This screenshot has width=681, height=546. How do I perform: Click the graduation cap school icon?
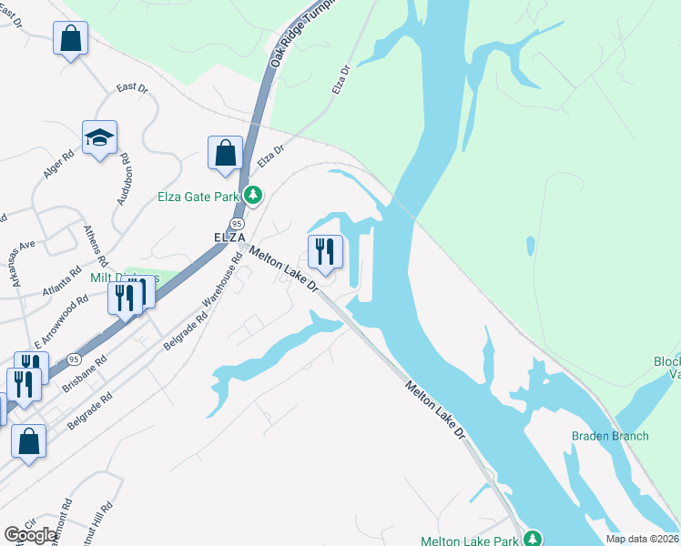click(100, 138)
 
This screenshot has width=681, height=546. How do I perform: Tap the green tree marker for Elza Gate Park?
click(253, 195)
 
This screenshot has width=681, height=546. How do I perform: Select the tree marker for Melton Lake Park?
click(534, 540)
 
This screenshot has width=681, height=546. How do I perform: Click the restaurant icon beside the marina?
click(325, 250)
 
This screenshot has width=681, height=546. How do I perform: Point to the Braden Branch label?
click(610, 436)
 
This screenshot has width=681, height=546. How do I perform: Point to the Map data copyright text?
click(643, 539)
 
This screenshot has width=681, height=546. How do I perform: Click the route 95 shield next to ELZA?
click(237, 224)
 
